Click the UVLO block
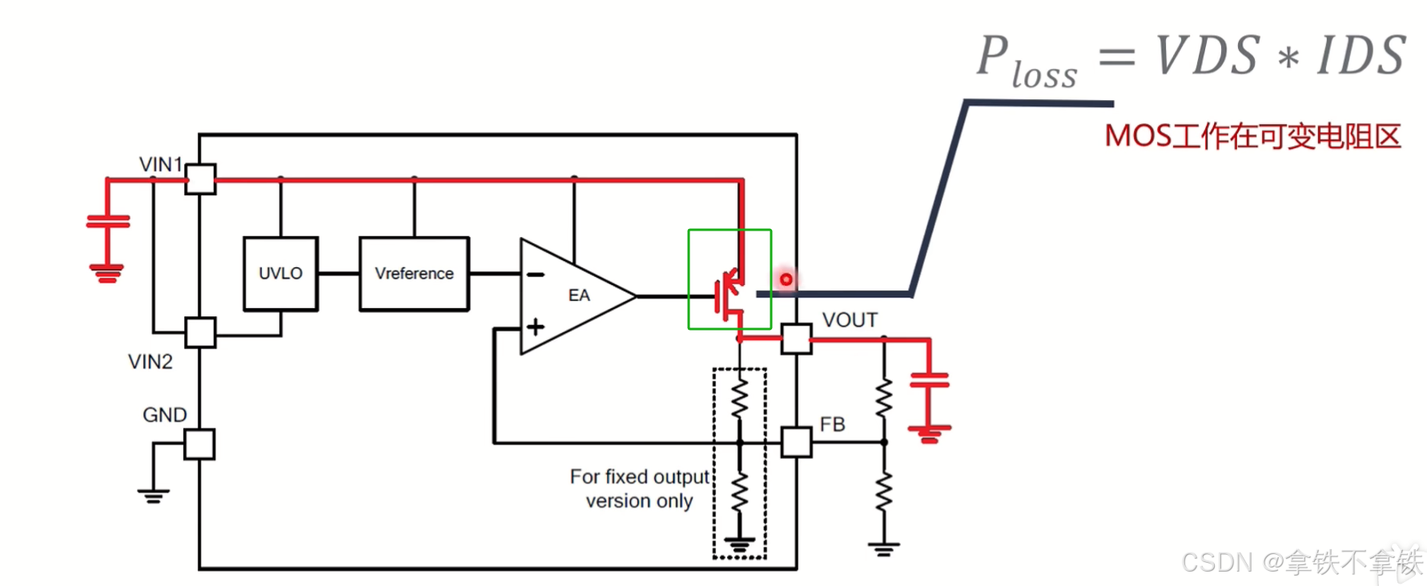click(x=280, y=274)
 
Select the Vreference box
click(x=414, y=274)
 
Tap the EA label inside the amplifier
click(x=579, y=295)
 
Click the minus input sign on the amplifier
click(x=535, y=275)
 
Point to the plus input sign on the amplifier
click(x=535, y=327)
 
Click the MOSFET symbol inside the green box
click(x=728, y=295)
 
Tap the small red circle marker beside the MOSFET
click(x=786, y=279)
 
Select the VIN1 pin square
click(x=200, y=179)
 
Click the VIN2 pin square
click(x=200, y=332)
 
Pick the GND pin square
click(x=199, y=444)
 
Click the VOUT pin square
click(x=796, y=339)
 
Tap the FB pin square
click(x=796, y=442)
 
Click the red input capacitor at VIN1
click(x=108, y=222)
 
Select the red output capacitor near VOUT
click(x=929, y=379)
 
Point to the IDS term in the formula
click(x=1361, y=55)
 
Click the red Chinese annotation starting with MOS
click(x=1252, y=137)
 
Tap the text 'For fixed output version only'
click(x=639, y=488)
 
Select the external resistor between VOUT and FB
click(x=884, y=398)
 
